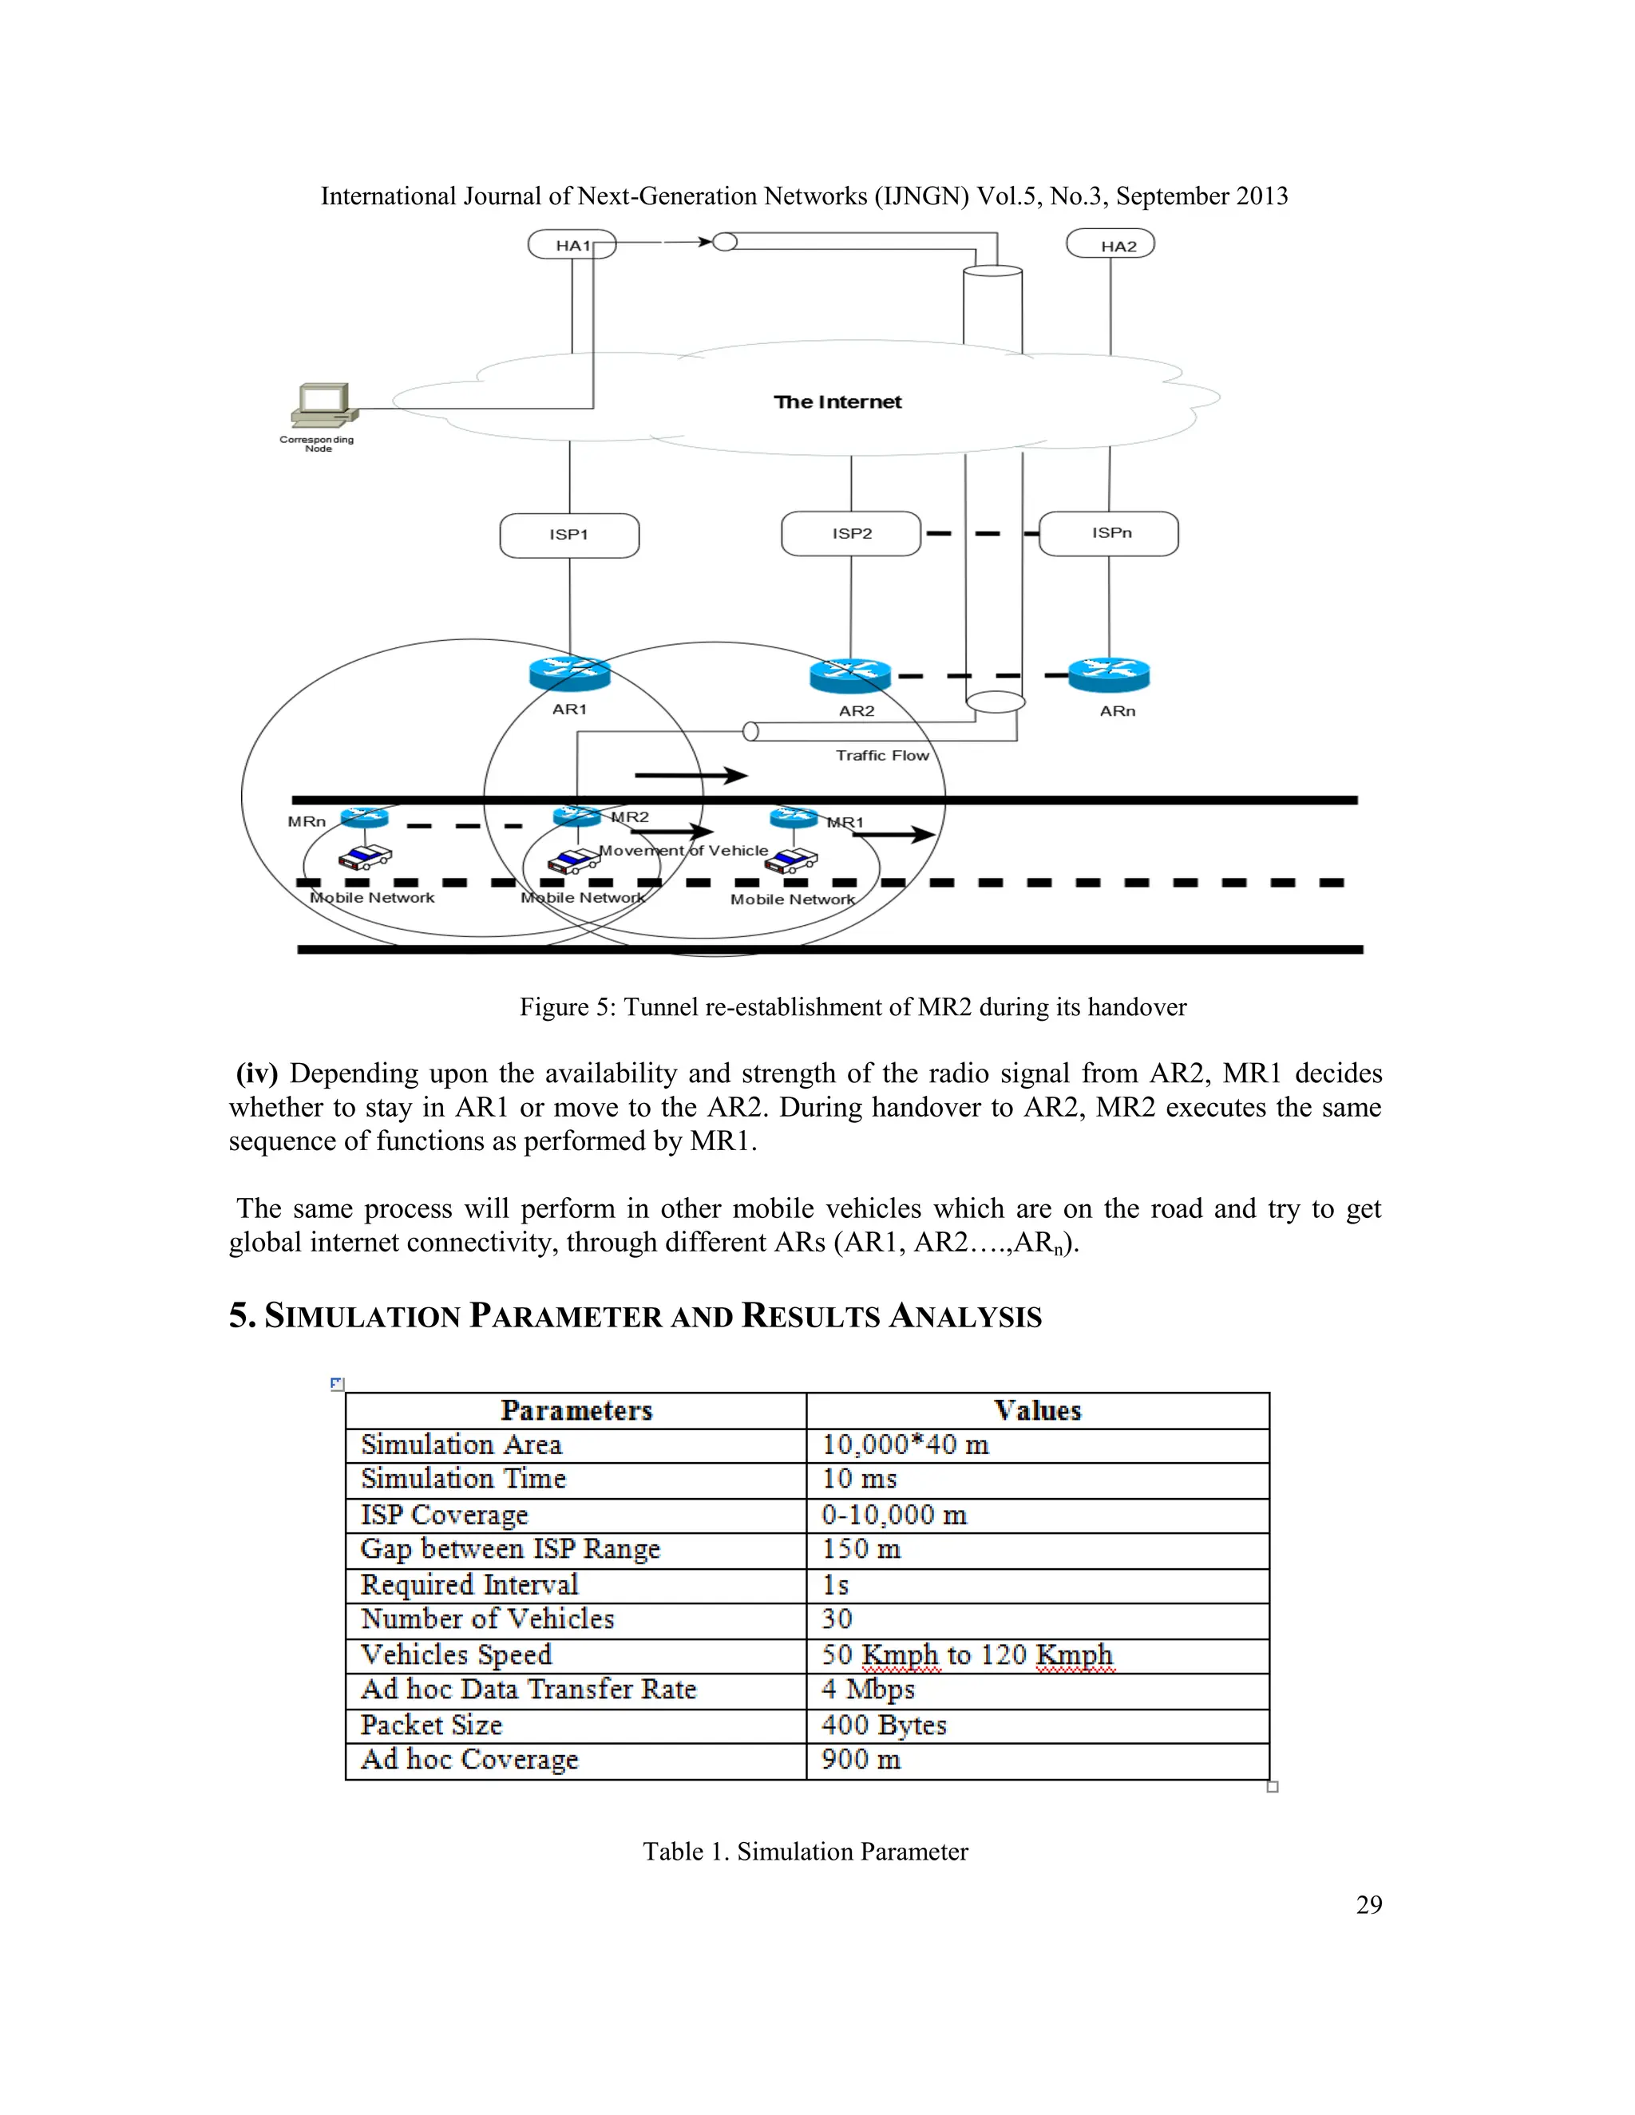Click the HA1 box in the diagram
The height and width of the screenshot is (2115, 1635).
pos(572,245)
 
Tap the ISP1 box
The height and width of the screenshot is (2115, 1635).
pos(569,535)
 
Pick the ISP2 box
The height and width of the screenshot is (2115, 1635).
pos(851,534)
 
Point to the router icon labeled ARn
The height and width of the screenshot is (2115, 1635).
pos(1109,674)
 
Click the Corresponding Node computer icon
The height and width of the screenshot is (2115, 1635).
pos(323,405)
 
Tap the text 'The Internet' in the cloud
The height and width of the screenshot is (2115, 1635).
pos(837,402)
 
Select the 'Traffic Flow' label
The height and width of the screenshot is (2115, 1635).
pos(882,755)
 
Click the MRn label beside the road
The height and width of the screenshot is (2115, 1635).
pos(306,821)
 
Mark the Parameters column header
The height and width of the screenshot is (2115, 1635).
pos(576,1411)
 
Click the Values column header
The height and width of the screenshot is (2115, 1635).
pos(1037,1411)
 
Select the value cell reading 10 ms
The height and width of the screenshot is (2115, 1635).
pos(859,1479)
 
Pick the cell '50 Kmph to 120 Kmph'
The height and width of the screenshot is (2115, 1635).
pos(968,1655)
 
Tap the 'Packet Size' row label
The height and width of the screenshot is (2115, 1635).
pos(432,1725)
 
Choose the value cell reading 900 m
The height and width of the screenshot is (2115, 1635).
pos(861,1760)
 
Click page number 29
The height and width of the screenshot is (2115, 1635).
pos(1368,1905)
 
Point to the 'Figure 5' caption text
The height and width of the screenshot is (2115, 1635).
pos(853,1007)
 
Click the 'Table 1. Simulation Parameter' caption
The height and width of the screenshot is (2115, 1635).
pos(805,1852)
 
